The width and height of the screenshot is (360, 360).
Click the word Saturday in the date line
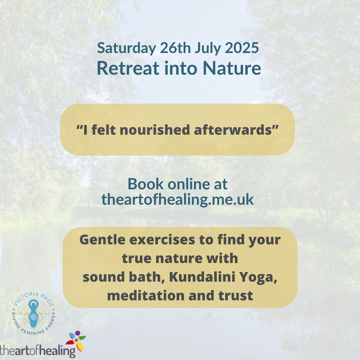click(127, 48)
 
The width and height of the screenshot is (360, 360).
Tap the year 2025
click(242, 48)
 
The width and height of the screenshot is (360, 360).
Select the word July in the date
click(208, 48)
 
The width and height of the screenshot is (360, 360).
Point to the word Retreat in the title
click(128, 68)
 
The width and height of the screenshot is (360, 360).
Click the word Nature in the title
click(232, 68)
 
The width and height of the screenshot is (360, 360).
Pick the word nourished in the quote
click(155, 130)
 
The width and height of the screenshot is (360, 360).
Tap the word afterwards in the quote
click(233, 130)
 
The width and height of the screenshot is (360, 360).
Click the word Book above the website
click(146, 184)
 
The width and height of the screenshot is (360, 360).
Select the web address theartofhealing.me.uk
click(177, 199)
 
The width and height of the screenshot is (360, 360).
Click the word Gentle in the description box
click(102, 240)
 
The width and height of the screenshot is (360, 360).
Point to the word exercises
click(162, 240)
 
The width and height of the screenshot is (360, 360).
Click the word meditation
click(146, 295)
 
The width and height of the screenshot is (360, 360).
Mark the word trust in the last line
click(236, 296)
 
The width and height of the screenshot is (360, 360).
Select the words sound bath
click(124, 277)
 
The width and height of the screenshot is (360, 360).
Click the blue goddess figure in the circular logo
click(34, 313)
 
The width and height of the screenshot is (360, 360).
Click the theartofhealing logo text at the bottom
click(38, 351)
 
